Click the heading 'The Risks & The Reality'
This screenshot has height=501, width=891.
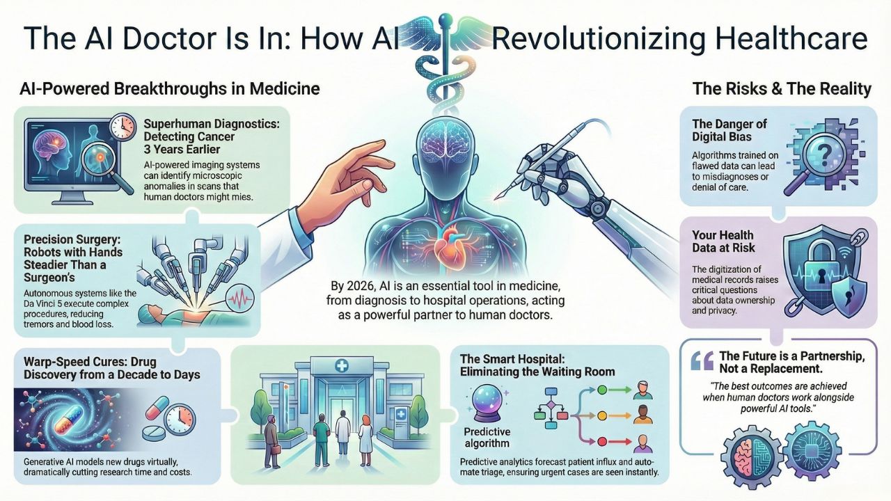click(x=781, y=89)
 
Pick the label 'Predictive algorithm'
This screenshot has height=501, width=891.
click(x=487, y=437)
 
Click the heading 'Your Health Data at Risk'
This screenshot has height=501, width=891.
click(x=723, y=241)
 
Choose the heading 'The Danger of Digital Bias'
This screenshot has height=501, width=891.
click(x=730, y=130)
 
